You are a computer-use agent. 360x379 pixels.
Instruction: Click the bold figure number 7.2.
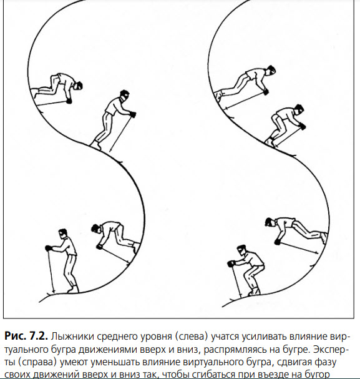(37, 336)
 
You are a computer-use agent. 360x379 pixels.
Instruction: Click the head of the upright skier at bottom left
(63, 234)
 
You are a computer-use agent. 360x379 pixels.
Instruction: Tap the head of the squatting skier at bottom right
(242, 250)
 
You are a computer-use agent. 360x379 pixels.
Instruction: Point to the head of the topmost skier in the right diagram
(271, 70)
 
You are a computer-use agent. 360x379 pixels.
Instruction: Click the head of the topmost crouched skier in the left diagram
(79, 86)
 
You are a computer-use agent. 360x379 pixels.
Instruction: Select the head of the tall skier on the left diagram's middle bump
(125, 95)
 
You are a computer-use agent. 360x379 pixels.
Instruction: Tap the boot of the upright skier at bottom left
(73, 289)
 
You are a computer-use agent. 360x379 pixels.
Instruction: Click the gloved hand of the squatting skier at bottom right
(231, 263)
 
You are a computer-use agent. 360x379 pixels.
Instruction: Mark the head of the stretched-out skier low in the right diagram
(270, 222)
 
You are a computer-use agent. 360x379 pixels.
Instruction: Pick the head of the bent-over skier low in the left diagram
(95, 229)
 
